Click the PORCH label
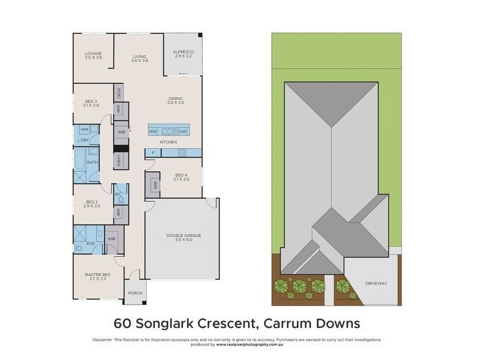(135, 293)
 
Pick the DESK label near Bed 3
(119, 93)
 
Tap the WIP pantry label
(121, 132)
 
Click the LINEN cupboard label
(119, 161)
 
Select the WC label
(119, 194)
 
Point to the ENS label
(90, 244)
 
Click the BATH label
(92, 162)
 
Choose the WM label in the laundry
(85, 129)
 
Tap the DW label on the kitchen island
(183, 131)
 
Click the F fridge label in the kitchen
(153, 153)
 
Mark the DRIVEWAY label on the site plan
(376, 283)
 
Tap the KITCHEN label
(168, 142)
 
